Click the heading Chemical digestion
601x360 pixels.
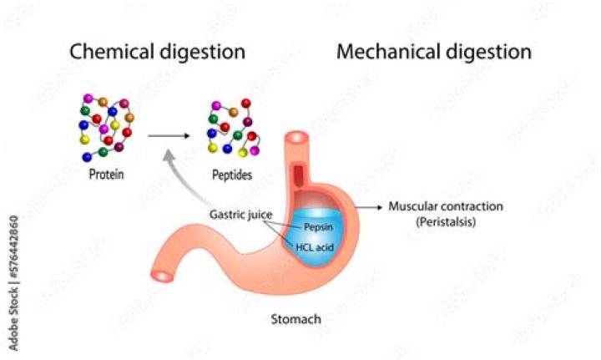click(x=157, y=52)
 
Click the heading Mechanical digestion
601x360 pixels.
click(x=434, y=52)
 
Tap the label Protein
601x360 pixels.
click(x=106, y=174)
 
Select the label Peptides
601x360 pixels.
click(x=232, y=175)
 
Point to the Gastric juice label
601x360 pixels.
click(x=240, y=215)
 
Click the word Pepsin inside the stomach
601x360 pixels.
click(x=318, y=227)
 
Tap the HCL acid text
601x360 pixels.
click(x=315, y=247)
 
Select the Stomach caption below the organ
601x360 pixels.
click(x=295, y=319)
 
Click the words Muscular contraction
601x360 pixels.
click(x=446, y=206)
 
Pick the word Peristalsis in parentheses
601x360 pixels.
click(x=446, y=221)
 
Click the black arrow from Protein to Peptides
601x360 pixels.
click(x=169, y=135)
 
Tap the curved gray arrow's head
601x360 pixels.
click(x=169, y=156)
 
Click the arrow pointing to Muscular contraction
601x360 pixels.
click(x=369, y=207)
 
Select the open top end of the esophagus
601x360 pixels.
click(x=296, y=138)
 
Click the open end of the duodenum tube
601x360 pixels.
click(x=162, y=276)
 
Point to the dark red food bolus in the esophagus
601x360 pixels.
click(x=298, y=174)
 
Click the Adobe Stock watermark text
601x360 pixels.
click(x=13, y=283)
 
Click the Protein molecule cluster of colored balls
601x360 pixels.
click(x=107, y=127)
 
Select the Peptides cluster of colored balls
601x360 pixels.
click(x=234, y=128)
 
